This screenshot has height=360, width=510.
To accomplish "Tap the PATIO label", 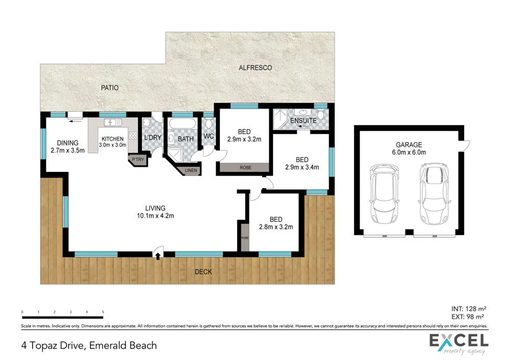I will click(x=109, y=88).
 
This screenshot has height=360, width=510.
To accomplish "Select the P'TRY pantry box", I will click(x=137, y=160).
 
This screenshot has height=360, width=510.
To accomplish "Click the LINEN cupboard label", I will click(x=190, y=170).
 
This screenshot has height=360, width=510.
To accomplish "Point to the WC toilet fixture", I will click(x=209, y=125).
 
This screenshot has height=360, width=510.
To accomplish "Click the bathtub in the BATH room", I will click(x=182, y=124).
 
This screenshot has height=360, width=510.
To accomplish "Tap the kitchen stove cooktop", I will click(x=133, y=136).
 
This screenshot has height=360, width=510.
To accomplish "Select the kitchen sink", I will click(x=112, y=122).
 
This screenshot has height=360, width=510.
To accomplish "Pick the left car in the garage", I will click(x=384, y=194).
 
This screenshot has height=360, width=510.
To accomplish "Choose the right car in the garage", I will click(x=432, y=194).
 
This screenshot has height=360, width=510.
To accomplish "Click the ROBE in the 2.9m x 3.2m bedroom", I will click(x=243, y=167).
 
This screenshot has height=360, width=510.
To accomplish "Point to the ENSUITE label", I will click(x=303, y=121).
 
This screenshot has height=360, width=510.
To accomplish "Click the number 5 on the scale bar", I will click(x=103, y=312).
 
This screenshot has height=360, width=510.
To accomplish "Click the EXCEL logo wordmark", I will click(x=457, y=340).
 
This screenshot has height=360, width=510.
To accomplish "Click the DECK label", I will click(x=203, y=272).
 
